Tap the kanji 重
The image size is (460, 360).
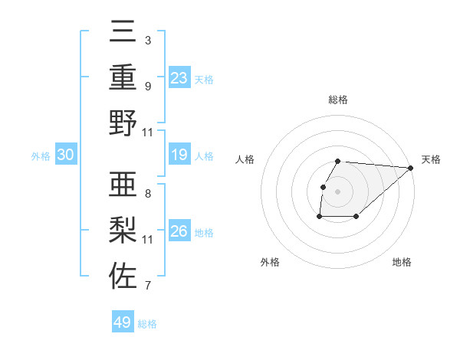tap(123, 78)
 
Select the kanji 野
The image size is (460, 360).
tap(123, 123)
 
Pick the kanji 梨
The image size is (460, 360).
tap(123, 231)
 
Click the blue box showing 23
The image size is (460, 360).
tap(179, 78)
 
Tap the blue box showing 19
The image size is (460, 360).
tap(179, 155)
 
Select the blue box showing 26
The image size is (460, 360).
tap(179, 231)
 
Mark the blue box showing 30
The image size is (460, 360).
tap(65, 155)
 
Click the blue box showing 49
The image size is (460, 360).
tap(123, 322)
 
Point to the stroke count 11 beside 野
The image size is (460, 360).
tap(148, 132)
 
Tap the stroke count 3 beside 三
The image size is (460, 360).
tap(148, 40)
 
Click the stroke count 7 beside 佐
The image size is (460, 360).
tap(148, 286)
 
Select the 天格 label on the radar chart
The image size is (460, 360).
tap(431, 159)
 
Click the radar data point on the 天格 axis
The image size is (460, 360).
tap(411, 168)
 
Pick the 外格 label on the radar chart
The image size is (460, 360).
tap(270, 262)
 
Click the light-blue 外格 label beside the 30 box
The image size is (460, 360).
tap(40, 156)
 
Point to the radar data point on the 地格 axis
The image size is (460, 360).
tap(356, 217)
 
